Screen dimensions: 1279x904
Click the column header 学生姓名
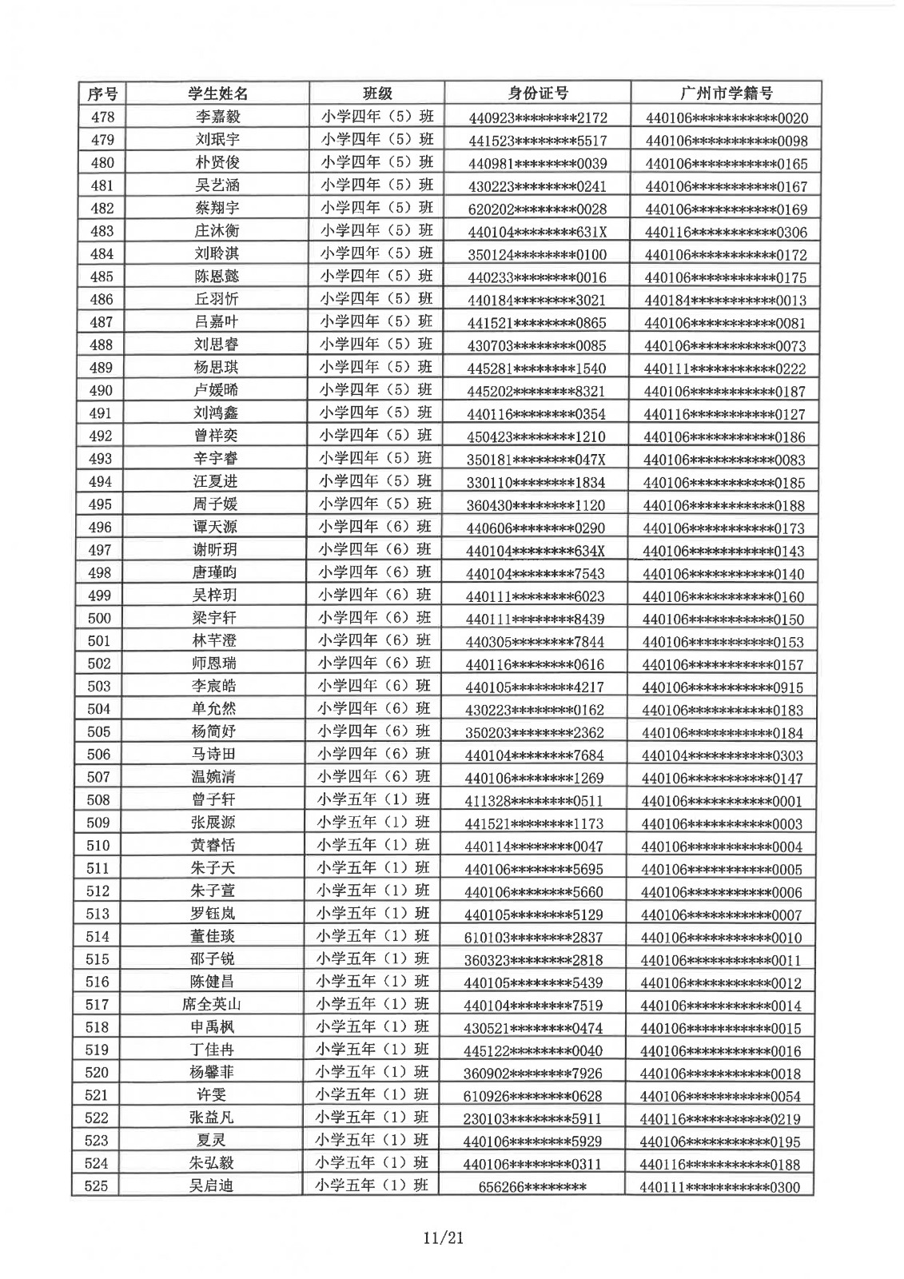tap(217, 94)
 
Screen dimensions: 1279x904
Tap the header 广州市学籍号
tap(726, 94)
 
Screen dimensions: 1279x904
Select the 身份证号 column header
tap(538, 94)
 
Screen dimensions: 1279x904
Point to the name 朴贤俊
tap(217, 162)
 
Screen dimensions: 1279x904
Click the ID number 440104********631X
tap(537, 232)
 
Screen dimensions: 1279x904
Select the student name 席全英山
tap(212, 1005)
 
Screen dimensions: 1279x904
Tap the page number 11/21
tap(444, 1239)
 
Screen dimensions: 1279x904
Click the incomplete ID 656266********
tap(532, 1187)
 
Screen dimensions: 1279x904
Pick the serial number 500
tap(99, 618)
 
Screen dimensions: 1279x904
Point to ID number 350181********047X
tap(536, 460)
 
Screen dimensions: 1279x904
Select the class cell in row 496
tap(375, 526)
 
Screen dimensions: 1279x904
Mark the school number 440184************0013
tap(725, 301)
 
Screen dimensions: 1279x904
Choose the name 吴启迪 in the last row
tap(211, 1186)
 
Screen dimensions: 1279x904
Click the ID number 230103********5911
tap(532, 1118)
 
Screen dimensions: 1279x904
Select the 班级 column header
tap(377, 94)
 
